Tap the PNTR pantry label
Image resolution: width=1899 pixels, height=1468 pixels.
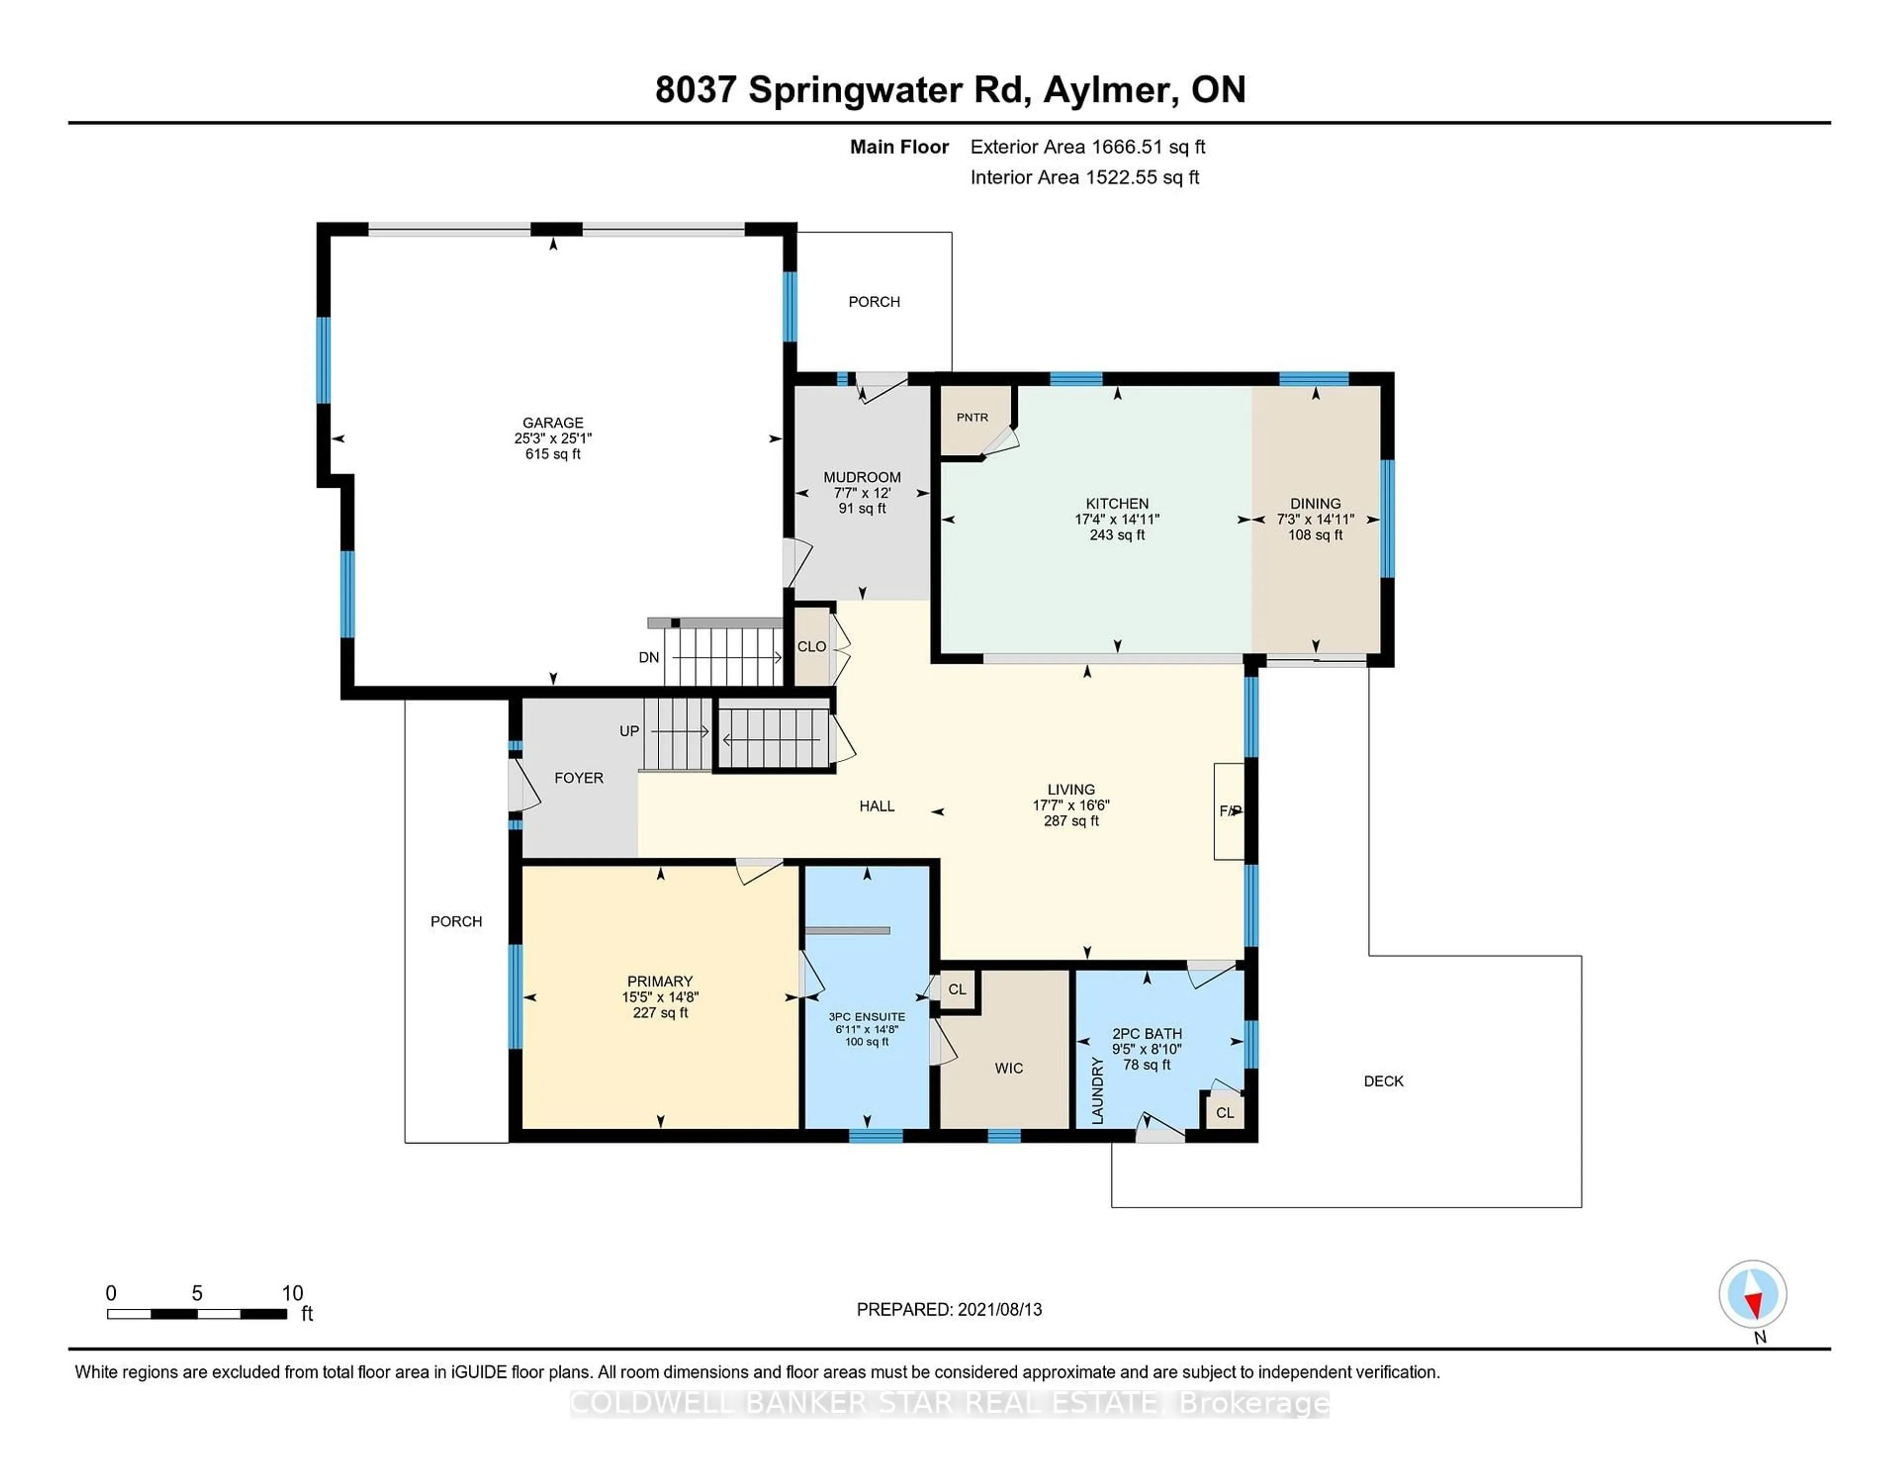point(972,417)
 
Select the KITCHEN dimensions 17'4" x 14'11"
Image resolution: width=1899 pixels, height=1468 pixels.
point(1117,519)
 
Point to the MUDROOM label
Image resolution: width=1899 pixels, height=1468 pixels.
point(861,477)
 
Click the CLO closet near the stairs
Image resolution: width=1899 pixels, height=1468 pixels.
point(811,647)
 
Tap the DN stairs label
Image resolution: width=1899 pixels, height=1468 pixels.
point(649,657)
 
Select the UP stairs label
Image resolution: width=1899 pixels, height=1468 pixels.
point(629,732)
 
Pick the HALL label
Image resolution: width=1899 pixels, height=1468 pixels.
point(876,806)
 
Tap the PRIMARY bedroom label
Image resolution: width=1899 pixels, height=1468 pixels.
point(660,981)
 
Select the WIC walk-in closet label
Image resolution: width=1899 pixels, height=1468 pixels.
point(1009,1068)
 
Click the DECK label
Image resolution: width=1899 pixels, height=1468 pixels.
point(1383,1081)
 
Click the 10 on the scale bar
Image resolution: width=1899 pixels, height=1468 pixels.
point(292,1293)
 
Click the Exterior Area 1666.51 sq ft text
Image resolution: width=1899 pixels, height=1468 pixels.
point(1087,147)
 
